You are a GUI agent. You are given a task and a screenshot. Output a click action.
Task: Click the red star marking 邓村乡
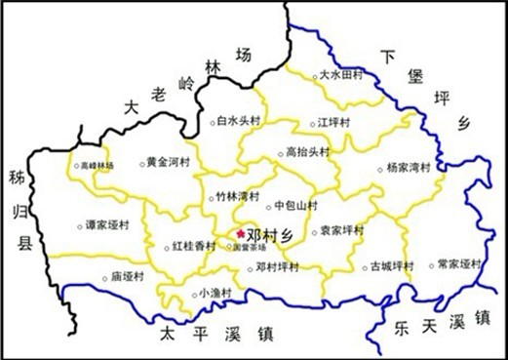241,233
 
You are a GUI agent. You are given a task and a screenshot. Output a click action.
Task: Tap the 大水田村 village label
344,75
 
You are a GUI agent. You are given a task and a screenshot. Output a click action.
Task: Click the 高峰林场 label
98,166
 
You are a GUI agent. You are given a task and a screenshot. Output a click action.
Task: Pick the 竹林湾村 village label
239,197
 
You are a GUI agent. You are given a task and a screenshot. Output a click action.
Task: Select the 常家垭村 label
459,264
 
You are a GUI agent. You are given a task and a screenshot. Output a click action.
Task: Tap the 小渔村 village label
215,293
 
